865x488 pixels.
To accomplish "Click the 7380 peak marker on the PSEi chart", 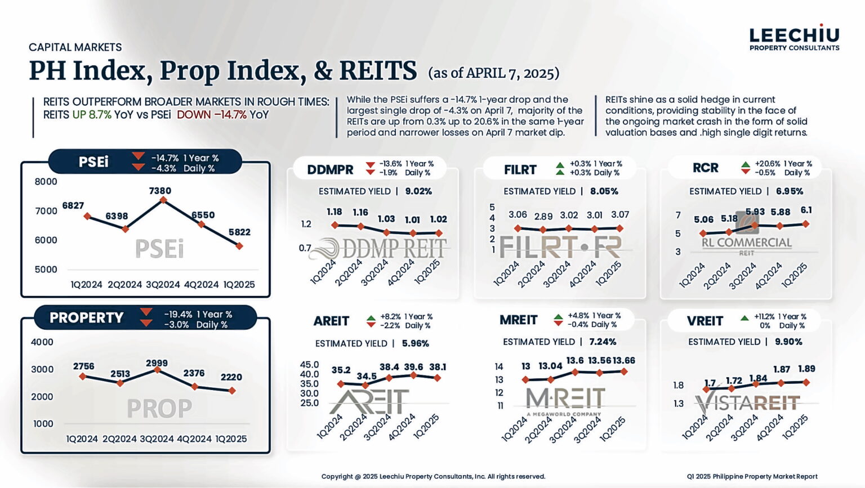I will (163, 200).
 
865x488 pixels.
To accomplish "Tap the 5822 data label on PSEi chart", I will (239, 232).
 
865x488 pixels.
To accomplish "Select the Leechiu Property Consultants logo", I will (794, 38).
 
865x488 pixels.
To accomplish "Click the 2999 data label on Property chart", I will (157, 363).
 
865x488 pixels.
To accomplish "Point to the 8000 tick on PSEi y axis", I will (46, 182).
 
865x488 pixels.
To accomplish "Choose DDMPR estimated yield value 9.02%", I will (418, 191).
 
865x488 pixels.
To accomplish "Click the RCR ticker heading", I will (705, 168).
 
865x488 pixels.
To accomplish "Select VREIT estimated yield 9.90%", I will (788, 342).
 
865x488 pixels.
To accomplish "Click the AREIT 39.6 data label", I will (413, 367).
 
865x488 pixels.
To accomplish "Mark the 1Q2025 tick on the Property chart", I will (231, 438).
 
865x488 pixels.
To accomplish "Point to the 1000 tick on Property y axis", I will (43, 424).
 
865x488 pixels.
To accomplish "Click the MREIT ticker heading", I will (518, 320).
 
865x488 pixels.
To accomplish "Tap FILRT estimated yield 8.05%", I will (604, 191).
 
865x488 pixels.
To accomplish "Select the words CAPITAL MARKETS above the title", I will (75, 47).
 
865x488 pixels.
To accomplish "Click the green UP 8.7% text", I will (92, 115).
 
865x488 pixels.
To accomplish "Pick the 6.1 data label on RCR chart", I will (806, 210).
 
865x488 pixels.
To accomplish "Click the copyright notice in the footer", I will (433, 476).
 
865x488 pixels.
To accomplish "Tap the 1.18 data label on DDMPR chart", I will (335, 212).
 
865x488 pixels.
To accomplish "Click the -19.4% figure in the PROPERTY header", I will (178, 315).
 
